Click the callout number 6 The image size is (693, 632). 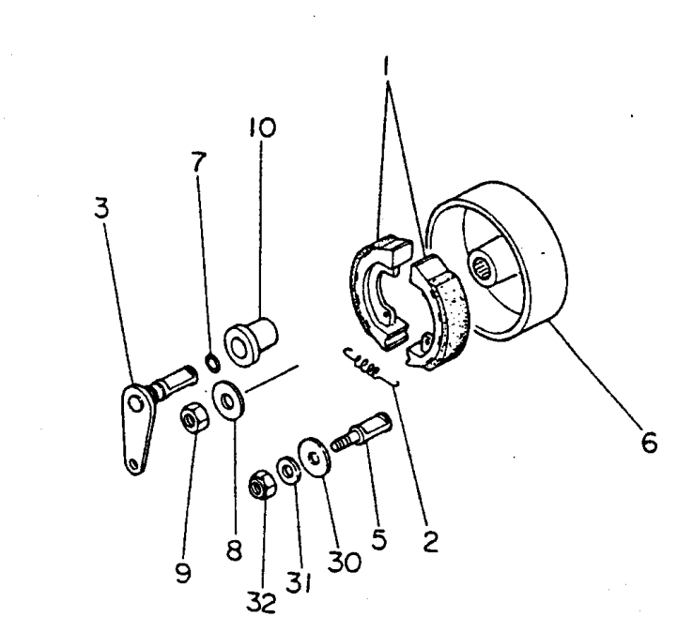[x=649, y=442]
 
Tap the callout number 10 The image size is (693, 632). [x=262, y=128]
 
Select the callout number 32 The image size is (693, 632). [x=261, y=602]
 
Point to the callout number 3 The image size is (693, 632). [x=101, y=207]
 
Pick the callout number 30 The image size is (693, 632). [x=345, y=562]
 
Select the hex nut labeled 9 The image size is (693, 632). [x=194, y=417]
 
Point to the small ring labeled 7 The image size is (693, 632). [x=213, y=361]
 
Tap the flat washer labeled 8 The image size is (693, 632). [x=228, y=401]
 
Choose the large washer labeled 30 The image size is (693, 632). [x=315, y=458]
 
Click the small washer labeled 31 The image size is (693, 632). [x=289, y=472]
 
